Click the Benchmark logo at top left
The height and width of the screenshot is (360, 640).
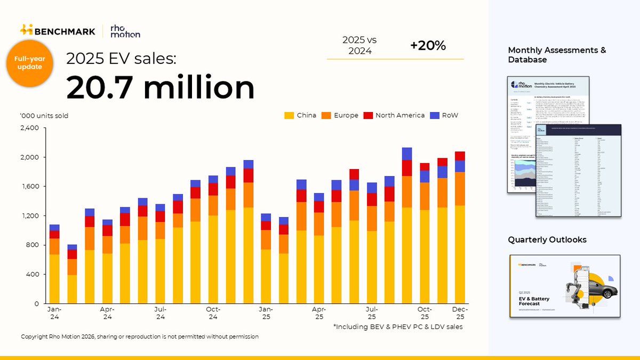57,30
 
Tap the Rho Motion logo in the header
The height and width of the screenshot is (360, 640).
125,31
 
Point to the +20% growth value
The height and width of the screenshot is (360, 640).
428,46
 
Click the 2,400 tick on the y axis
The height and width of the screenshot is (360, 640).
29,128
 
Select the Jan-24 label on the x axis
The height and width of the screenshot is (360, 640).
54,313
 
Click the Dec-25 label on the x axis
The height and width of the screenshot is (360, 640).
460,313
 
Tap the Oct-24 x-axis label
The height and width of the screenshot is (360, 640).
213,313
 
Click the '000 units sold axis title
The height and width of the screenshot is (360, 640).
44,116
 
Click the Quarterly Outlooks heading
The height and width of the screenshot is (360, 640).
547,240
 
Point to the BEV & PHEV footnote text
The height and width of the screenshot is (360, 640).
397,326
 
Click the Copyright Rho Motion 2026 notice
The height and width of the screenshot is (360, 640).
140,337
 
